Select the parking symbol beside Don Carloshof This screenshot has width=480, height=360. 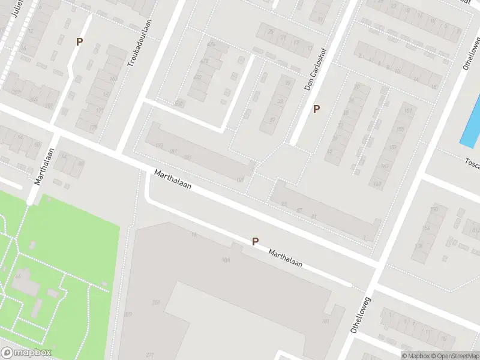coord(316,109)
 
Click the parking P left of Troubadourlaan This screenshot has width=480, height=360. coord(79,41)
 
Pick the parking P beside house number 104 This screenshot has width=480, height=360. coord(255,241)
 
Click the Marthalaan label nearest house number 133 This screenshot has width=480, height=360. coord(173,179)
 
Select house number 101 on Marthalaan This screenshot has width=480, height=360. coord(241,179)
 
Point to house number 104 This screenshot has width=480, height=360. coord(226,260)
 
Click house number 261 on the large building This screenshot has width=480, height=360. coord(157,302)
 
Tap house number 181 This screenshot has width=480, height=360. coord(326,322)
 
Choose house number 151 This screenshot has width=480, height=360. coord(409,111)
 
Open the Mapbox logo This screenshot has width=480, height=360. coord(25,353)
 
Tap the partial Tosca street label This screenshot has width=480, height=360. coord(472,161)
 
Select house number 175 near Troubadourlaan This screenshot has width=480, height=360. coord(93,127)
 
